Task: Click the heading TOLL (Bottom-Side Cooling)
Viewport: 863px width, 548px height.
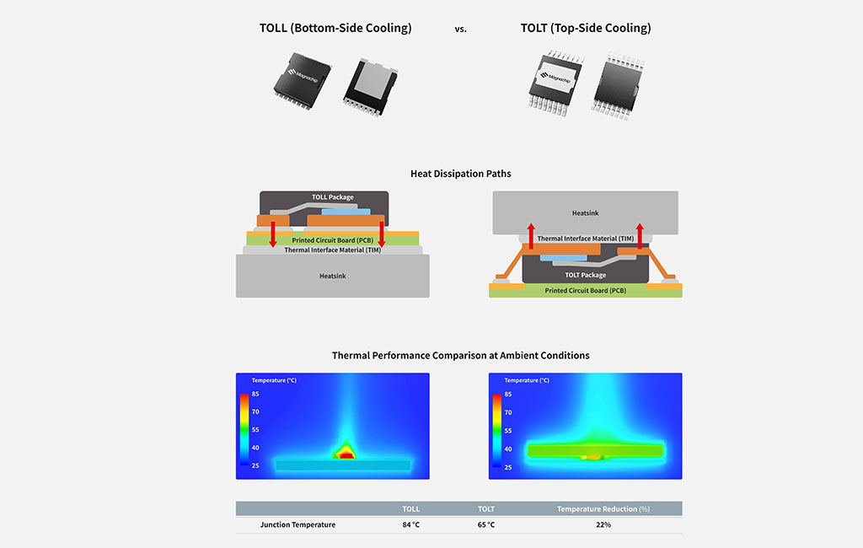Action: [x=335, y=28]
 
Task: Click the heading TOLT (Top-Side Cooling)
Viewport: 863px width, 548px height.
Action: [x=586, y=28]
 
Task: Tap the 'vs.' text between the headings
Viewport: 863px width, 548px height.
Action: [x=460, y=29]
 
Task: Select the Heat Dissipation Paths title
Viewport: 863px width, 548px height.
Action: [x=460, y=174]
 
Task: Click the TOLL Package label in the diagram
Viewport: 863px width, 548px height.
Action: [x=333, y=197]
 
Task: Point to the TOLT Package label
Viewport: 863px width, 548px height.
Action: [x=585, y=275]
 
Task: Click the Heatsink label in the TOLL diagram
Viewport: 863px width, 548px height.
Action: [x=332, y=276]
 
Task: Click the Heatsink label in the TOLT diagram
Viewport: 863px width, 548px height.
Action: [x=585, y=213]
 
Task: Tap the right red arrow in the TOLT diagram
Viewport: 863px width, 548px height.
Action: [x=640, y=238]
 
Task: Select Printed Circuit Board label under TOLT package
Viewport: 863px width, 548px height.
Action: [x=585, y=291]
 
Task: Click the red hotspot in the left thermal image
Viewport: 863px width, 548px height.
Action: [x=346, y=454]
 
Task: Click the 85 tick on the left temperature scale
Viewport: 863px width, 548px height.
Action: [x=255, y=394]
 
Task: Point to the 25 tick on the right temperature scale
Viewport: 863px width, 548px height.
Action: [x=508, y=466]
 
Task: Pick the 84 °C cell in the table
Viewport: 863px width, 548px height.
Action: [x=410, y=524]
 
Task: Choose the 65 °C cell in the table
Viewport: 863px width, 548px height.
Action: [x=486, y=524]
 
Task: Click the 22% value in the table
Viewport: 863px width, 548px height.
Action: [x=603, y=524]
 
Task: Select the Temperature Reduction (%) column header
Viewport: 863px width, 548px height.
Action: [x=603, y=509]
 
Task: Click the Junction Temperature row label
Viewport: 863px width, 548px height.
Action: [x=297, y=524]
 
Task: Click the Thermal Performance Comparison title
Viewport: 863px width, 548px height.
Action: [x=460, y=356]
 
